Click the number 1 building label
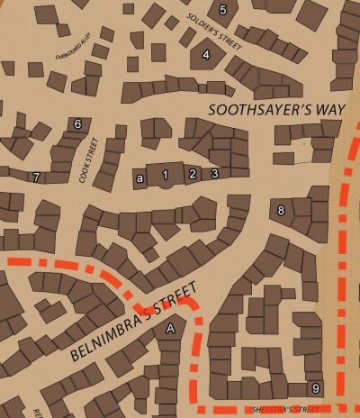click(165, 174)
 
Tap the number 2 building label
click(192, 174)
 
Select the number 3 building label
click(215, 173)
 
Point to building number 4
click(206, 55)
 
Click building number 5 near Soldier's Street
click(223, 10)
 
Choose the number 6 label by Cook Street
click(78, 124)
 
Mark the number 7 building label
click(36, 177)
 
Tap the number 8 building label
click(281, 211)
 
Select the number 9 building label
click(314, 388)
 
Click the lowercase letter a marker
click(139, 178)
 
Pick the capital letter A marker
click(170, 331)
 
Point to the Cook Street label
click(87, 160)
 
